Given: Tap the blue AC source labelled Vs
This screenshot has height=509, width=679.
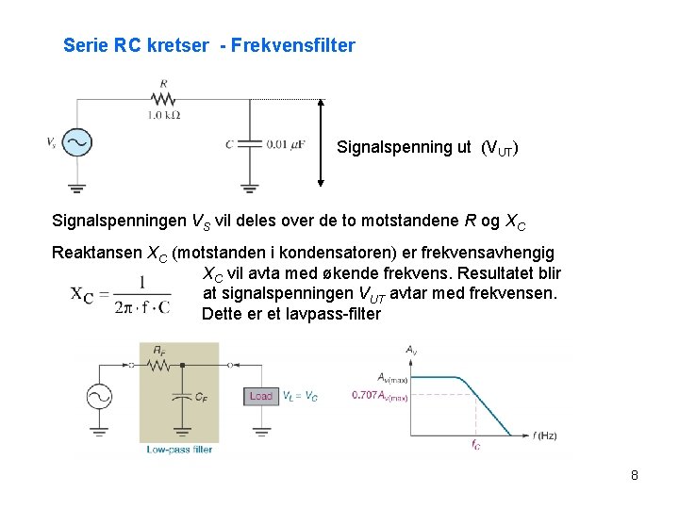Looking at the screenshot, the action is tap(75, 142).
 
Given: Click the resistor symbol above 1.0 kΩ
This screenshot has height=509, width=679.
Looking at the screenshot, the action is tap(164, 99).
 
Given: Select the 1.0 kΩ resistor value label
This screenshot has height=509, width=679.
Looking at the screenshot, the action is tap(163, 115).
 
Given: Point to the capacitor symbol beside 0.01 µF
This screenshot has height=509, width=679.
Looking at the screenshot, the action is tap(248, 143).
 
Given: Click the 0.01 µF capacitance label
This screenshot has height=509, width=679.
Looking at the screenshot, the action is tap(285, 143).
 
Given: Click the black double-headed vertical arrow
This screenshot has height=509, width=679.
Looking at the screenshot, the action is tap(322, 143).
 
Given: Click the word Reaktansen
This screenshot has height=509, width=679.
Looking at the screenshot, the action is tap(94, 253).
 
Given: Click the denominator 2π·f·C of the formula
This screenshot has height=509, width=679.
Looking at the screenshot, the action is tap(142, 306).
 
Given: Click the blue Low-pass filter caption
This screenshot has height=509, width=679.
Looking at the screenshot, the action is tap(179, 450).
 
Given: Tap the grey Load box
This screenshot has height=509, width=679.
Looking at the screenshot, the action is tap(261, 396).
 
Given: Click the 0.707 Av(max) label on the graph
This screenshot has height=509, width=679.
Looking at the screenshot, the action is tap(380, 396).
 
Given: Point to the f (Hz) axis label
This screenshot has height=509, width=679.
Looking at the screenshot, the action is tap(545, 435).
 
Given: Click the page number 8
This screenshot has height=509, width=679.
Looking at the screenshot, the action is tap(635, 475).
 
